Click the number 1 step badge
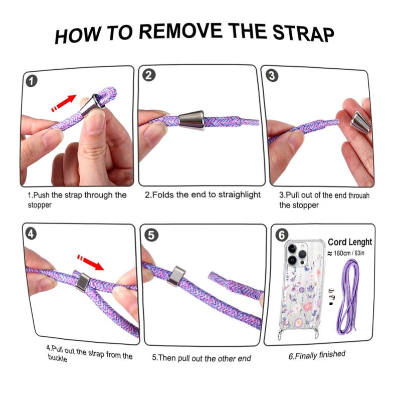tap(31, 81)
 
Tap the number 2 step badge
tap(148, 76)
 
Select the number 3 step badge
tap(272, 76)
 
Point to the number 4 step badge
tap(31, 234)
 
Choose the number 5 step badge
tap(151, 235)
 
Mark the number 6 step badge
tap(282, 235)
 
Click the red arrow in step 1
tap(64, 103)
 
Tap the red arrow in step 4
tap(91, 262)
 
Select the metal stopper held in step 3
tap(360, 122)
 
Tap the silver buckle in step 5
tap(176, 276)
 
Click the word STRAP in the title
tap(303, 33)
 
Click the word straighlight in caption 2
tap(240, 195)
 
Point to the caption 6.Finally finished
tap(317, 355)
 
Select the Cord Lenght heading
tap(350, 242)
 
